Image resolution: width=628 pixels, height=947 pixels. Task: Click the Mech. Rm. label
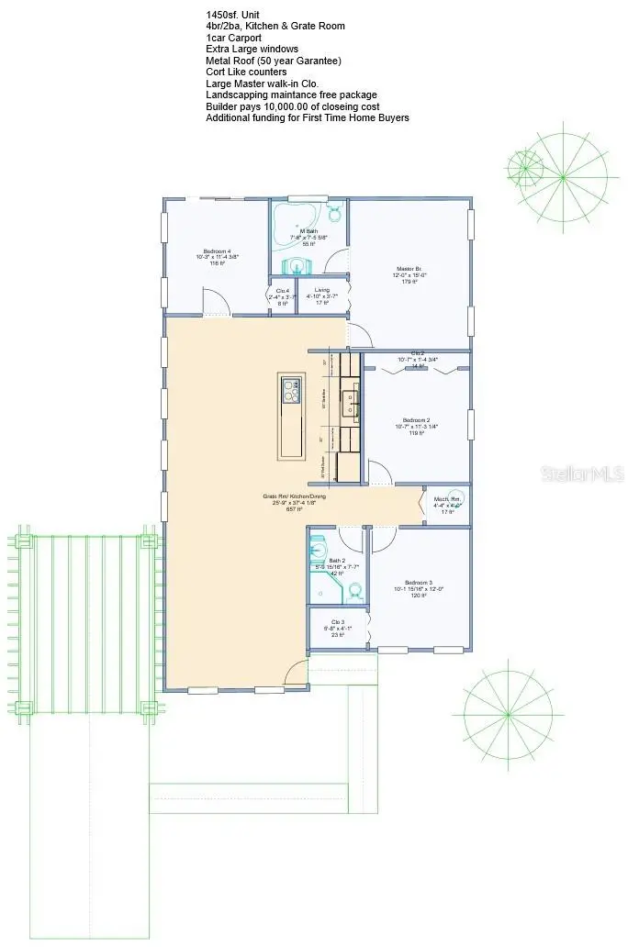[x=446, y=505]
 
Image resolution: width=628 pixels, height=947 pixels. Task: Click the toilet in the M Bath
[x=335, y=214]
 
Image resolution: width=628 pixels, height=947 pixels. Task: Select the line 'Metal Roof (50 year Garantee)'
[x=274, y=61]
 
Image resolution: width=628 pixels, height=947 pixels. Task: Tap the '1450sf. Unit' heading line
[x=234, y=15]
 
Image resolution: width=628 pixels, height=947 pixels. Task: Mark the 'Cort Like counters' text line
[x=246, y=72]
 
